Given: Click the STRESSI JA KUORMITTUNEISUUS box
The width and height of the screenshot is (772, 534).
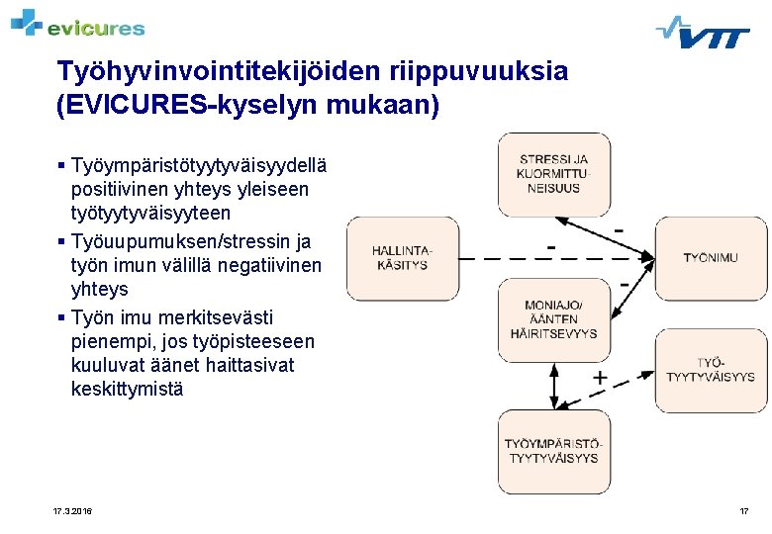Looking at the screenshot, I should click(x=553, y=174).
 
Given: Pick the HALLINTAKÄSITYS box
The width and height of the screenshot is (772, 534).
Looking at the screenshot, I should click(x=402, y=258).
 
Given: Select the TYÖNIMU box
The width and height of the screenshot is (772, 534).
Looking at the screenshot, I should click(x=711, y=258).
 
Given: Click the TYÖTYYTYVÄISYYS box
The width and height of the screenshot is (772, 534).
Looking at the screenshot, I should click(x=711, y=371).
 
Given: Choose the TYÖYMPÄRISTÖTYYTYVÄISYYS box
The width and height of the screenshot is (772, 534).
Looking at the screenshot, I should click(x=553, y=451).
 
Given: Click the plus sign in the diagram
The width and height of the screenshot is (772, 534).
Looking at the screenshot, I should click(x=600, y=379).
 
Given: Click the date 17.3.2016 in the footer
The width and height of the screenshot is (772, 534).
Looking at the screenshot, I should click(x=72, y=511).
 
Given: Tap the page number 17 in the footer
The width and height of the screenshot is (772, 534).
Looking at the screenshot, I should click(x=743, y=511).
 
